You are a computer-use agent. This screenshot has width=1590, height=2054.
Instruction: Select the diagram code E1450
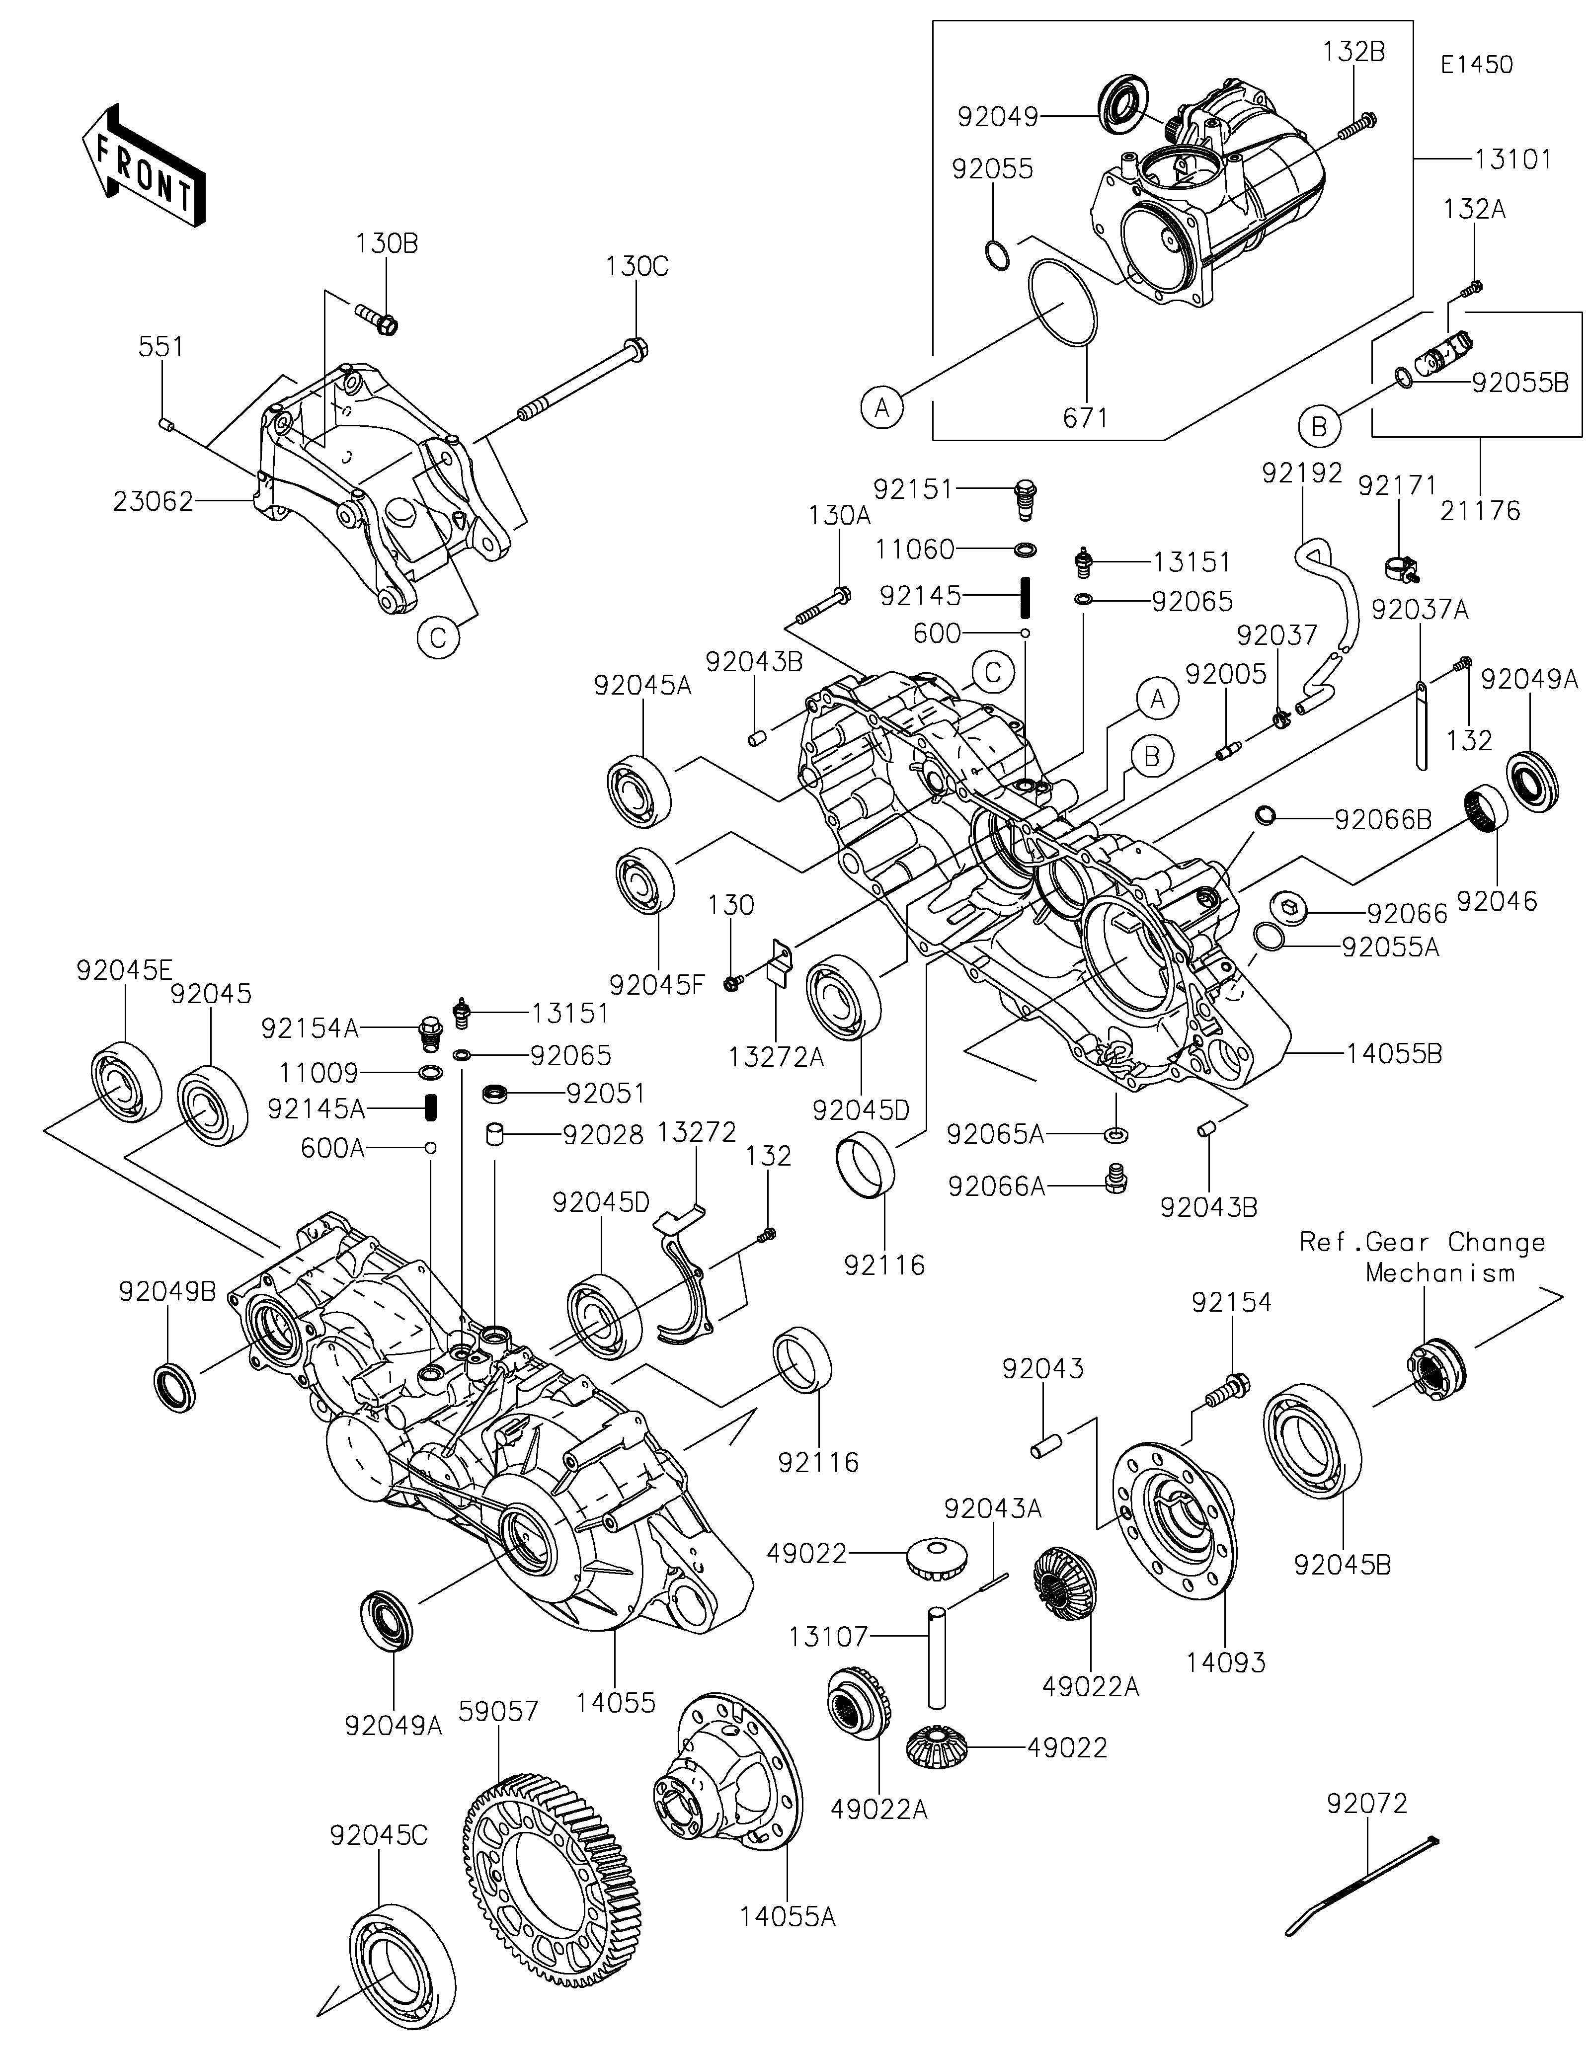click(1476, 65)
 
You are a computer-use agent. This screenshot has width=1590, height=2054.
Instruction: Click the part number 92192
click(1302, 473)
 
